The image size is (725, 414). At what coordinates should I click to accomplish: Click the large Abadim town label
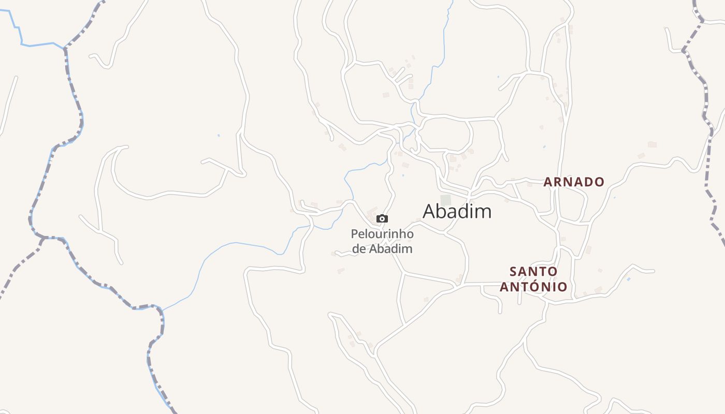pyautogui.click(x=457, y=211)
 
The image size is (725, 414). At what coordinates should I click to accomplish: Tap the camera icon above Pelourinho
pyautogui.click(x=382, y=218)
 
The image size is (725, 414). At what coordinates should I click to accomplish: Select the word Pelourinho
pyautogui.click(x=382, y=234)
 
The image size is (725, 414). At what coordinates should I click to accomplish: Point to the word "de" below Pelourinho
pyautogui.click(x=358, y=248)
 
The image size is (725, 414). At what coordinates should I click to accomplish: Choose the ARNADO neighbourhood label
pyautogui.click(x=574, y=182)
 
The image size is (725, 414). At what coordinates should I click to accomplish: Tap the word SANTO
pyautogui.click(x=533, y=271)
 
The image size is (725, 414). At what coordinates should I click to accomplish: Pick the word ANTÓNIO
pyautogui.click(x=533, y=286)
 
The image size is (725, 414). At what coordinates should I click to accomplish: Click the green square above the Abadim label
pyautogui.click(x=445, y=200)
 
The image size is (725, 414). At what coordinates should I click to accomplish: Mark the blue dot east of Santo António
pyautogui.click(x=628, y=279)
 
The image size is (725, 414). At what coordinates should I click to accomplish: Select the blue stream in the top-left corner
pyautogui.click(x=21, y=36)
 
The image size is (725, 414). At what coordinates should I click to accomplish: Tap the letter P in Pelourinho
pyautogui.click(x=354, y=234)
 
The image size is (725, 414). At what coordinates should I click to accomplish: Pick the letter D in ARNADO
pyautogui.click(x=589, y=182)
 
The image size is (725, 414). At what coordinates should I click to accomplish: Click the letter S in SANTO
pyautogui.click(x=513, y=271)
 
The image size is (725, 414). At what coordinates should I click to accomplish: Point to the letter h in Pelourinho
pyautogui.click(x=399, y=234)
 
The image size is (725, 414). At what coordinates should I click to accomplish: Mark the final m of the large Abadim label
pyautogui.click(x=485, y=211)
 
